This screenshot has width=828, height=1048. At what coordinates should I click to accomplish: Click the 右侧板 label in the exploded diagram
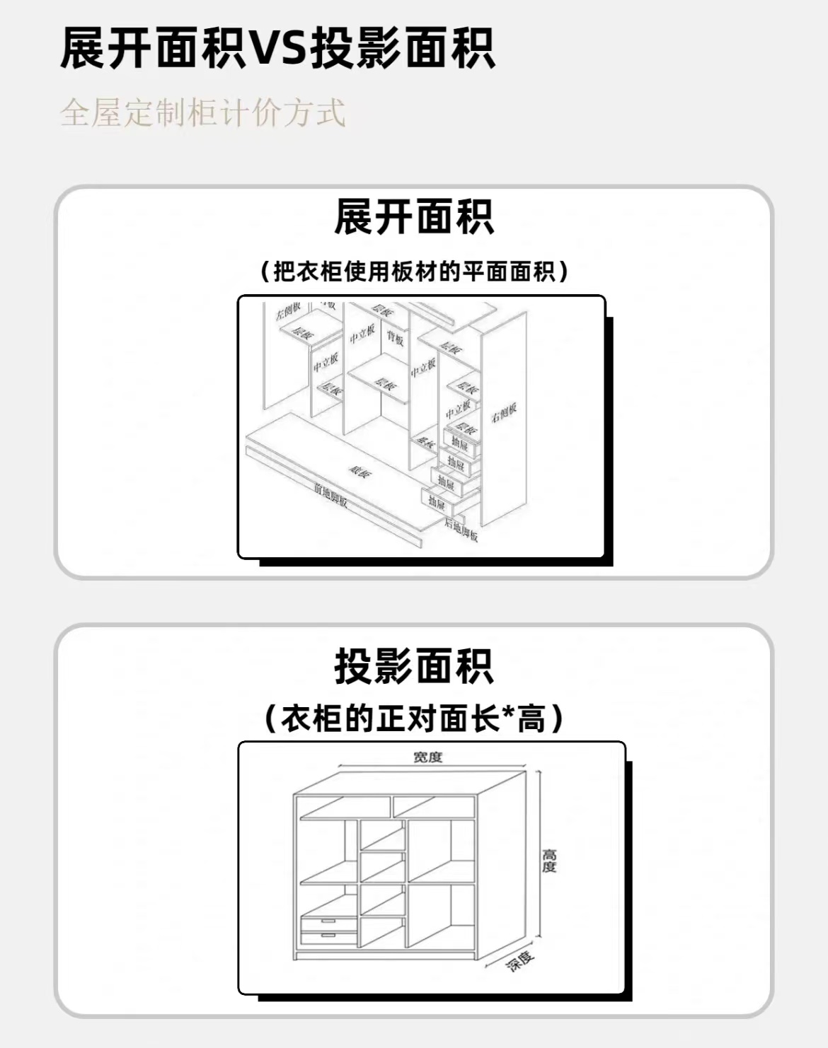[x=504, y=412]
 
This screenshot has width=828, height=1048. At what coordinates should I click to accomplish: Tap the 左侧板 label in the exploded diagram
[x=288, y=310]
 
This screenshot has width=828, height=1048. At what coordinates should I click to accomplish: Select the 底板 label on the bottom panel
[x=360, y=472]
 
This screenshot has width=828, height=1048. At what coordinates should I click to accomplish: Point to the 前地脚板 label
[x=331, y=494]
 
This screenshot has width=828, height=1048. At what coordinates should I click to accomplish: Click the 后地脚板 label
[x=461, y=529]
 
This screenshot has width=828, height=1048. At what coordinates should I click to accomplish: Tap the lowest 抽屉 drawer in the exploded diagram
[x=437, y=502]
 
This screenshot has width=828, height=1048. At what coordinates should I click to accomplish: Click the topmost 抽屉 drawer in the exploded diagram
[x=460, y=444]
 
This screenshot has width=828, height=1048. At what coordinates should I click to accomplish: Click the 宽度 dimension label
[x=427, y=757]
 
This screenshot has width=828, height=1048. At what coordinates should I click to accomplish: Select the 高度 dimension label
[x=549, y=861]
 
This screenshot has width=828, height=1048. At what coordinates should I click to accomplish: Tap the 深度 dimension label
[x=520, y=961]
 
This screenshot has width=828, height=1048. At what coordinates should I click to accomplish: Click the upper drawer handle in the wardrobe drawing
[x=328, y=921]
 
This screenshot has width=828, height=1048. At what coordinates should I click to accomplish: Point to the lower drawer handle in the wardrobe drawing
[x=328, y=936]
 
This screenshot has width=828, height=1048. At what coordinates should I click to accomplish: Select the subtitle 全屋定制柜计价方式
[x=203, y=113]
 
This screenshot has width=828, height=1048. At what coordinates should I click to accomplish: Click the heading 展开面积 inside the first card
[x=414, y=217]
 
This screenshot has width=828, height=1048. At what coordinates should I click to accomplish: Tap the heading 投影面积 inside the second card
[x=414, y=666]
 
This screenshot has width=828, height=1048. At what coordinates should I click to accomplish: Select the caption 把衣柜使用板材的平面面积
[x=414, y=271]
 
